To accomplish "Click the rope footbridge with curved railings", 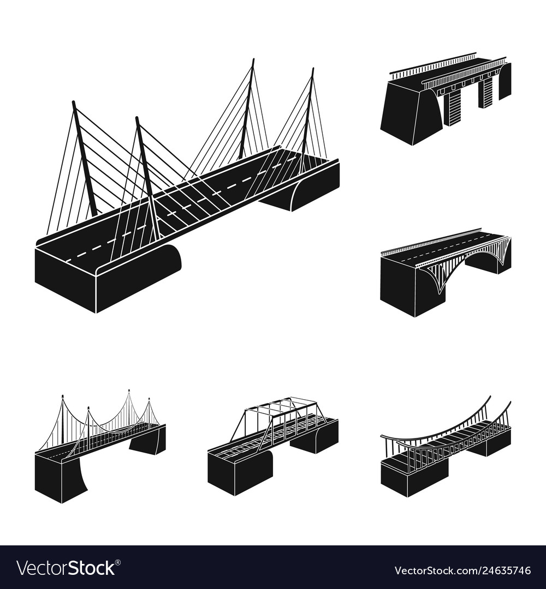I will point(445,447).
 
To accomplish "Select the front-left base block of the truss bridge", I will point(235,472).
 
